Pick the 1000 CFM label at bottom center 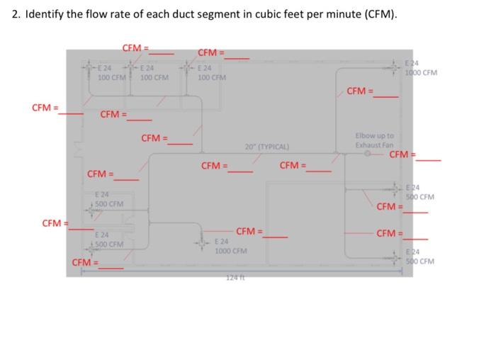click(231, 251)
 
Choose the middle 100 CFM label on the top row click(154, 77)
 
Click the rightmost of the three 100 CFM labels click(212, 77)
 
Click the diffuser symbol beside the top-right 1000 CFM click(395, 68)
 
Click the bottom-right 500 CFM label click(420, 260)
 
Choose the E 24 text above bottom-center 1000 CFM click(222, 242)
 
